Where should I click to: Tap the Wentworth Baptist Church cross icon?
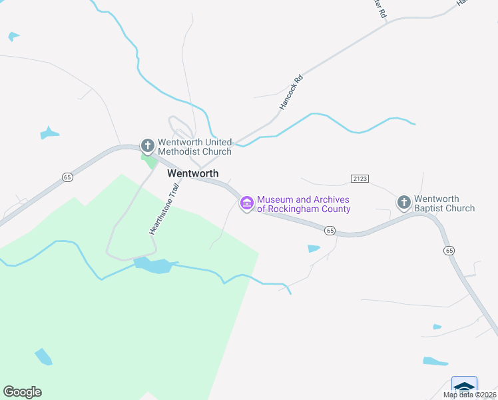point(403,201)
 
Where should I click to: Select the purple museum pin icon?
point(247,203)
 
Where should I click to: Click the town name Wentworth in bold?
point(192,173)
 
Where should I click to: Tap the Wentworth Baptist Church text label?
point(444,203)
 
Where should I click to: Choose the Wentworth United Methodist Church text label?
point(194,147)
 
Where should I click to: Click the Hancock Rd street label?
point(291,93)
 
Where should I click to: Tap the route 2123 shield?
point(360,179)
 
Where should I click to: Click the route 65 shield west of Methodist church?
point(67,177)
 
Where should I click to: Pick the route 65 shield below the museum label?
point(330,230)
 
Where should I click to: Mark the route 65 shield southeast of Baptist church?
point(449,250)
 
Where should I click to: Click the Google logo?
point(22,391)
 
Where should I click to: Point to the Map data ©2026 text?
point(469,395)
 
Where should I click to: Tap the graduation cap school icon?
point(464,386)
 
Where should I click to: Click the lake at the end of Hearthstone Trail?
point(155,266)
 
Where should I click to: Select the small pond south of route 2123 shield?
point(314,249)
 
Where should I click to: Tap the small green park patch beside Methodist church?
point(150,161)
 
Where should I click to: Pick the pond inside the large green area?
point(43,357)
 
